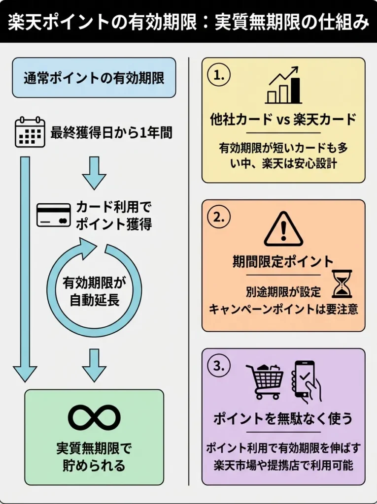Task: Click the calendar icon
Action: point(30,132)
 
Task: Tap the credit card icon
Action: point(54,215)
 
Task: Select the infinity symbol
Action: point(94,417)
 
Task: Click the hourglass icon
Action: point(342,284)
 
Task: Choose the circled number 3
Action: point(219,366)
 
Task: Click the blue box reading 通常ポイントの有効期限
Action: point(94,78)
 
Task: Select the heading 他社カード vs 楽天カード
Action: point(283,119)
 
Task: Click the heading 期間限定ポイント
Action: point(283,261)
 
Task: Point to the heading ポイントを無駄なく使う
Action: point(283,419)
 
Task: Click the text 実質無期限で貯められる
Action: point(94,457)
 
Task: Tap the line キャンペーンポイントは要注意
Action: point(283,309)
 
